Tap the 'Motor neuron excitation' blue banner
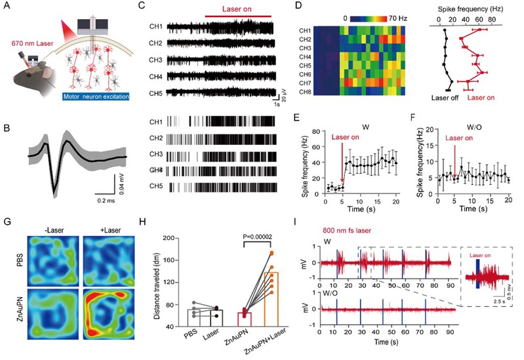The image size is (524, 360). (96, 96)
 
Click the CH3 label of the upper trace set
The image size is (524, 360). (155, 60)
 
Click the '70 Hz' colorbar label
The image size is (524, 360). (397, 18)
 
